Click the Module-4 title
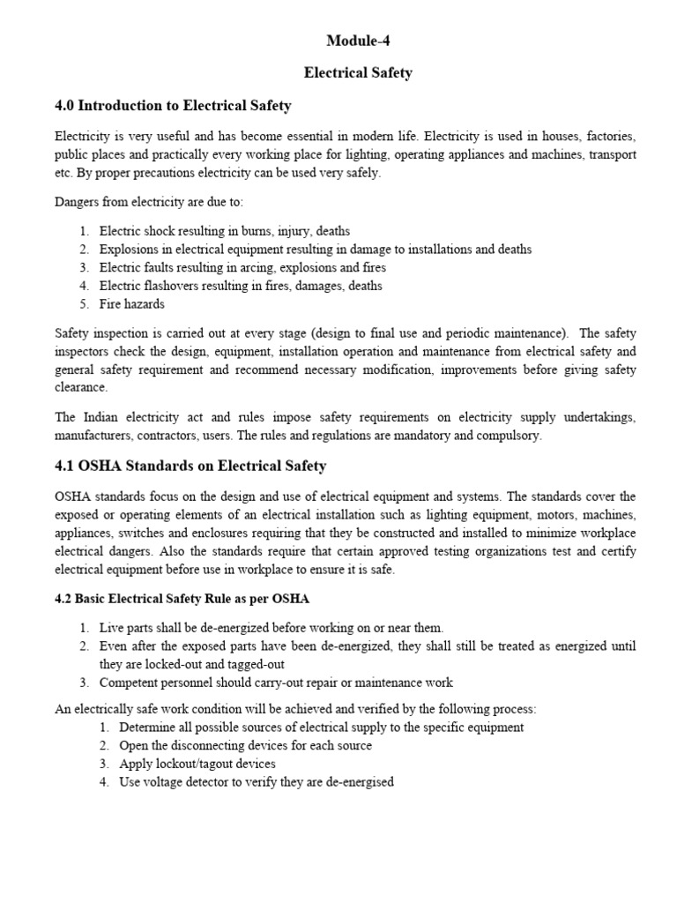[357, 41]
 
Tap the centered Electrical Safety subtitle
[357, 73]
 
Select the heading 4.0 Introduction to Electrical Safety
[173, 107]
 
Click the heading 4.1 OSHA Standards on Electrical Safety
[190, 466]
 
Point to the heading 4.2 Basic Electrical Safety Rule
[182, 600]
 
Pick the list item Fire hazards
[131, 303]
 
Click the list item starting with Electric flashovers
[241, 286]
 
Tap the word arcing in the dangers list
[266, 267]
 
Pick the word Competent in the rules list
[132, 683]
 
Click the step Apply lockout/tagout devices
[197, 764]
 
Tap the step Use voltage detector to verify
[256, 782]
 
